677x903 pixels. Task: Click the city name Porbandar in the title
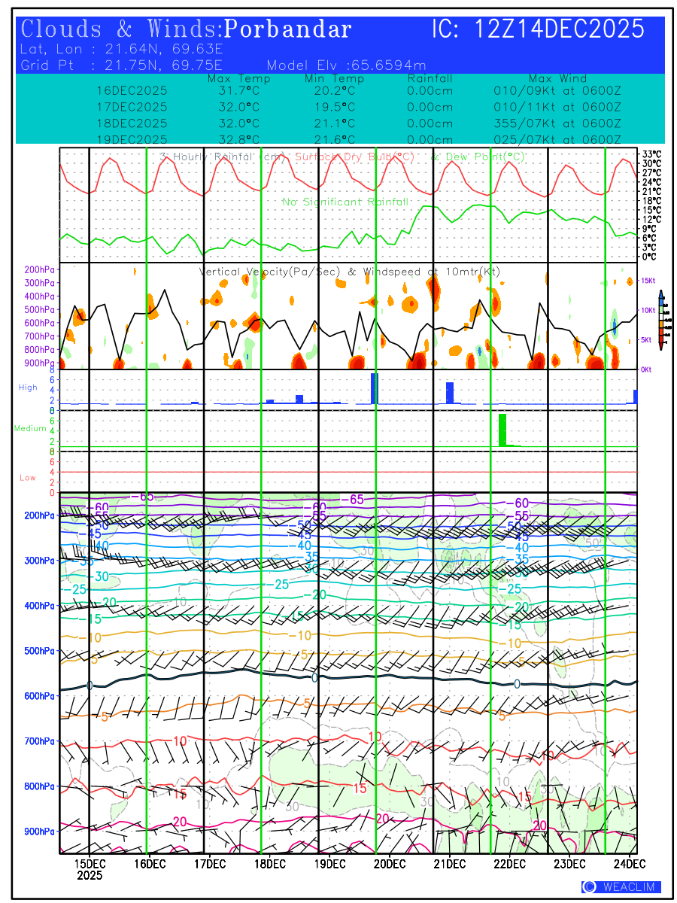coord(288,29)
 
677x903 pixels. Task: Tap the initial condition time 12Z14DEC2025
coord(560,29)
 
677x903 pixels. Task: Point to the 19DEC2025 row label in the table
coord(132,140)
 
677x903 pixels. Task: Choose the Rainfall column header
coord(430,78)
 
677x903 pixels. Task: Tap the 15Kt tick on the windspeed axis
coord(649,281)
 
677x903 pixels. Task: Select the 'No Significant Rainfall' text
coord(345,202)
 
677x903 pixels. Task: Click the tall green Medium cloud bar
coord(502,430)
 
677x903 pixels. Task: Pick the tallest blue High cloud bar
coord(374,388)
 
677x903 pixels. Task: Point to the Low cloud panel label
coord(28,478)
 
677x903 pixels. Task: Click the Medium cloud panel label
coord(30,429)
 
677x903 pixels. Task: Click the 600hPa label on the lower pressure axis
coord(39,696)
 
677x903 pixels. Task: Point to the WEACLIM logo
coord(621,887)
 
